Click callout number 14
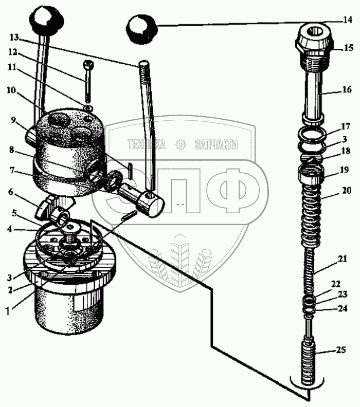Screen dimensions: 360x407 (348, 21)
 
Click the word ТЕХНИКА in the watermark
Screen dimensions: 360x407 (146, 145)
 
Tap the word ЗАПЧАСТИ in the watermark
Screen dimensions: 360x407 (216, 145)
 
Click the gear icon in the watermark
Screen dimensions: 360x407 (180, 145)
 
